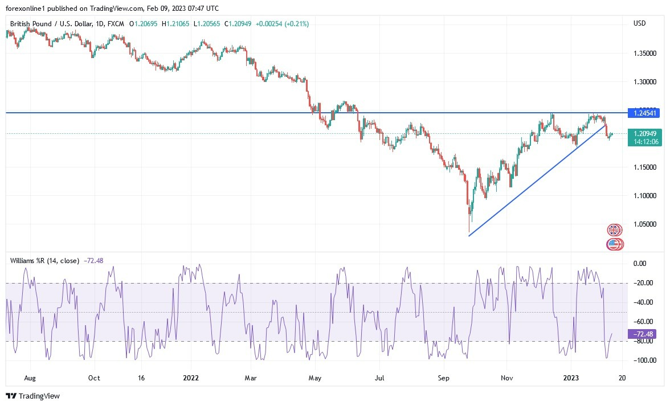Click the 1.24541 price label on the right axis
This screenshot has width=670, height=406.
645,113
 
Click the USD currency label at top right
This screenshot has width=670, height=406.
640,23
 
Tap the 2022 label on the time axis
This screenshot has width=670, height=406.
191,378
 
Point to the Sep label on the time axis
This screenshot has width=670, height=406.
444,378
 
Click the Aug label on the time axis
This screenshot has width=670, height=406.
30,378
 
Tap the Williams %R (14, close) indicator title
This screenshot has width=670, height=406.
44,261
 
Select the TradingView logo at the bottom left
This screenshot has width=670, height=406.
33,396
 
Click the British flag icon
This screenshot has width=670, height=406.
614,231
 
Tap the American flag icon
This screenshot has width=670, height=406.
614,244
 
